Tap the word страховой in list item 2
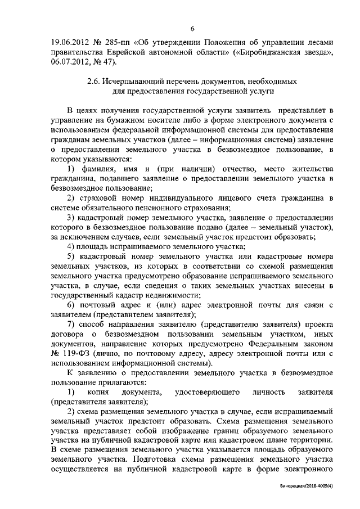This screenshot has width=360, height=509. [x=98, y=200]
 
